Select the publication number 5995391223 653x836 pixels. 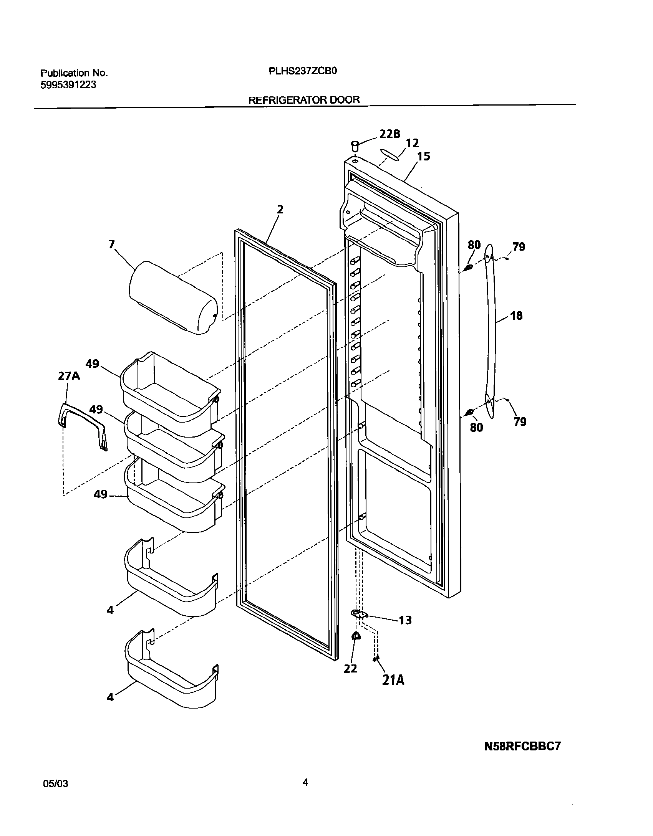tap(68, 85)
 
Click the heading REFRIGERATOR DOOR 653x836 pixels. tap(304, 100)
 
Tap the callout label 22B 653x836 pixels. tap(389, 134)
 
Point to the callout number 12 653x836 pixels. tap(412, 143)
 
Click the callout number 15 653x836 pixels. tap(424, 157)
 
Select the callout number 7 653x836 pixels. tap(111, 244)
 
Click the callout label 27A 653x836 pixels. tap(69, 376)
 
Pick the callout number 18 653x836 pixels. tap(516, 316)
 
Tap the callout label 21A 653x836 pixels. tap(393, 680)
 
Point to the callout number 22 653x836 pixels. tap(350, 669)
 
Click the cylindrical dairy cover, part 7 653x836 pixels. tap(173, 298)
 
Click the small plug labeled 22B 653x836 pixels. tap(355, 146)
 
